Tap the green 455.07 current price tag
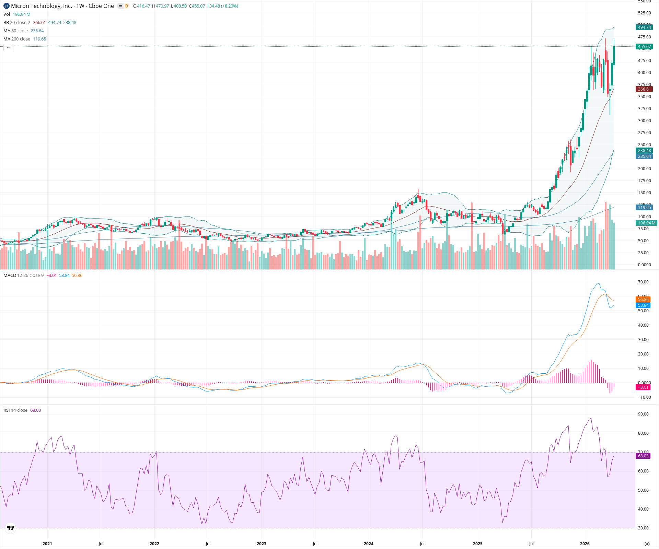[644, 47]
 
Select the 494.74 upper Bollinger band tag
[644, 27]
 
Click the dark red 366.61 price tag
[644, 89]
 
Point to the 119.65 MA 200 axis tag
[644, 208]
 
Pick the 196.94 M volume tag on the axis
[646, 223]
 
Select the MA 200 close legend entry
[17, 39]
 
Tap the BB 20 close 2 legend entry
[17, 23]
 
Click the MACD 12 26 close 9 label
[23, 276]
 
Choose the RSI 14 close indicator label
[15, 410]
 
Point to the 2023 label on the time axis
[261, 544]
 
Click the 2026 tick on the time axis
[585, 544]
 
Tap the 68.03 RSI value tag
[643, 456]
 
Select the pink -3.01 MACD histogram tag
[643, 387]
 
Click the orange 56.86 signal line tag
[643, 300]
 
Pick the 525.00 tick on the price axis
[644, 13]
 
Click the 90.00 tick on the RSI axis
[643, 414]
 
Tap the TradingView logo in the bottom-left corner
[11, 528]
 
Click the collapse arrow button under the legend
[8, 48]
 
